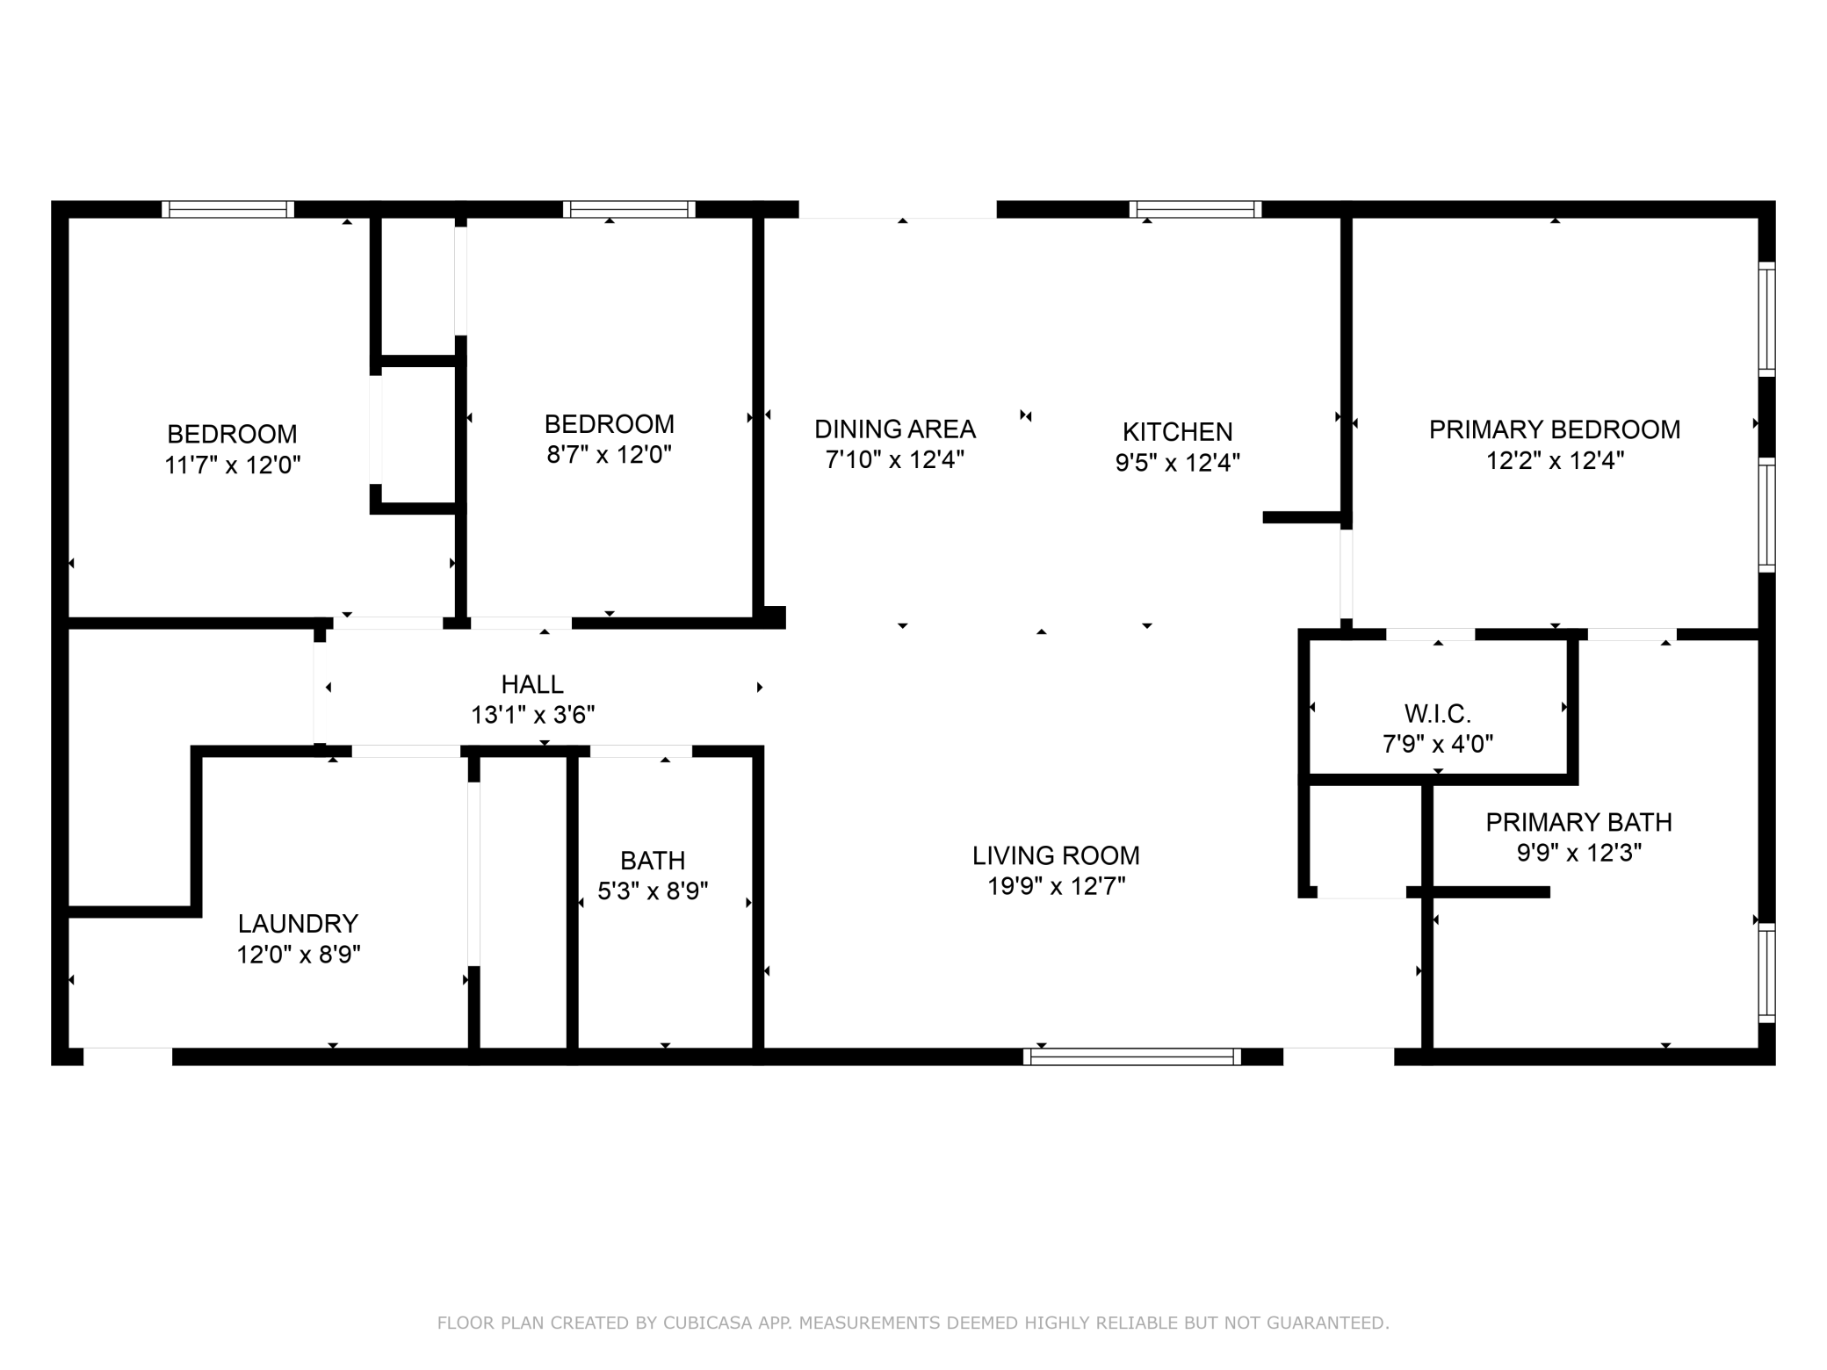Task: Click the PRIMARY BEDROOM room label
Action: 1555,429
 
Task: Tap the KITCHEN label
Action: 1178,432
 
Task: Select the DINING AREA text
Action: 895,429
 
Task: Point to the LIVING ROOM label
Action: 1056,855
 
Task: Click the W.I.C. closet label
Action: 1438,713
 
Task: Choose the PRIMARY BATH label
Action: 1579,822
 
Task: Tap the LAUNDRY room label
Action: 298,923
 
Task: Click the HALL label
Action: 532,684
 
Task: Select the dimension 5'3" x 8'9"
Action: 653,891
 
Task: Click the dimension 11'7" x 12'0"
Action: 233,465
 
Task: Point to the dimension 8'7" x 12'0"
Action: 610,455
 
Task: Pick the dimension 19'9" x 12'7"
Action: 1056,886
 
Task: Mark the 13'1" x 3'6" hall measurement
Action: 532,715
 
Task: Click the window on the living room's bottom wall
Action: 1132,1056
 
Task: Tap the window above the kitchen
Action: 1195,209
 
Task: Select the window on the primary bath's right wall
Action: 1766,973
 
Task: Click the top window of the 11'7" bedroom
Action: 228,209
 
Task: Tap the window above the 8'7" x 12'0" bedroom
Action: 629,209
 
